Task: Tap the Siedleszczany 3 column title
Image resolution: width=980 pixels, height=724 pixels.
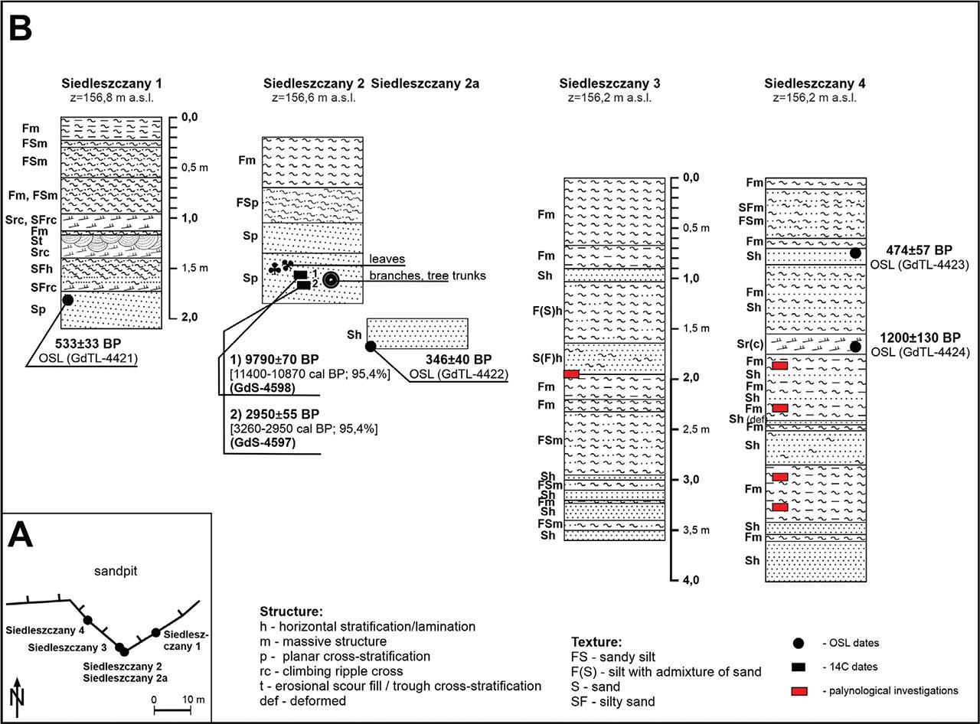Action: click(609, 83)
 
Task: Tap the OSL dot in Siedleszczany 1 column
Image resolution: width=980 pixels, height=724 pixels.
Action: click(67, 300)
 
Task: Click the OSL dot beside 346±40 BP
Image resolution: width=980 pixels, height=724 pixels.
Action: click(371, 346)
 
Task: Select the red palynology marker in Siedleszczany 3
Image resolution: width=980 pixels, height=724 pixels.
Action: click(571, 373)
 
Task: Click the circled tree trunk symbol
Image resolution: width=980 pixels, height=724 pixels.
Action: click(331, 280)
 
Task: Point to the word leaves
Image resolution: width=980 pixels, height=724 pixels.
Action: click(387, 259)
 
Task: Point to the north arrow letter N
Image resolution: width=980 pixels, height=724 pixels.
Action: click(17, 696)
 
